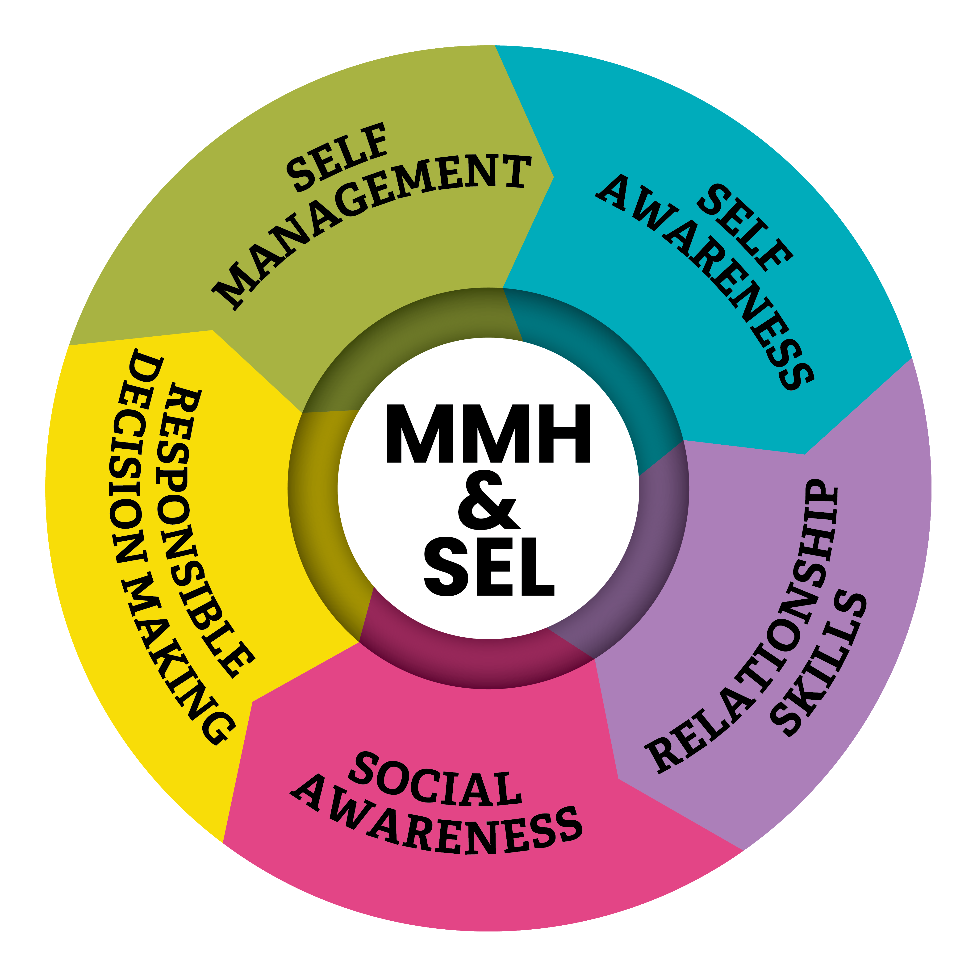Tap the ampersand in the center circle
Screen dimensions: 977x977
tap(488, 501)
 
